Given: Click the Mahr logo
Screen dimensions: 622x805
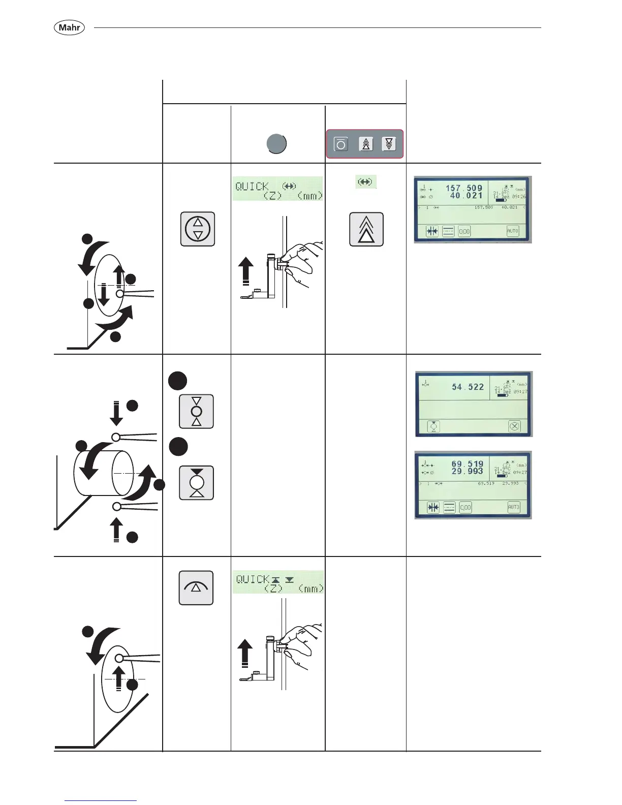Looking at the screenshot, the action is (x=69, y=27).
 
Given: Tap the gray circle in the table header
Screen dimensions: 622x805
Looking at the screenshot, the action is (x=276, y=144).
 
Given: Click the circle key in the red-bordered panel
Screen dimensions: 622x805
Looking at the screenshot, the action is (x=341, y=144).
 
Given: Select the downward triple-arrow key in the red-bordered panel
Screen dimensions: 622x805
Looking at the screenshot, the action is (x=389, y=144).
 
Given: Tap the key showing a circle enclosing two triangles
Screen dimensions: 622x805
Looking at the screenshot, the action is (x=198, y=229).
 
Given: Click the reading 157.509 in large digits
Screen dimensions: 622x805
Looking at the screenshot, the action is (x=464, y=188).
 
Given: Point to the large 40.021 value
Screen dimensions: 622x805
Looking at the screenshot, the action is (x=466, y=196).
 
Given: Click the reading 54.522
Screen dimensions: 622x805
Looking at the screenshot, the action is (x=468, y=387).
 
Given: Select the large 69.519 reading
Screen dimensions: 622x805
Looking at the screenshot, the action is (x=467, y=464).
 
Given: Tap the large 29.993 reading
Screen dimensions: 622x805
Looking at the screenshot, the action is (x=467, y=471).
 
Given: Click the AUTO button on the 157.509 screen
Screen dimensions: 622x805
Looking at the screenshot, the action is (x=512, y=231).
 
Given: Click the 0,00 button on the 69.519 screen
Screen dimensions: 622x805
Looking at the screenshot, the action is (x=465, y=507).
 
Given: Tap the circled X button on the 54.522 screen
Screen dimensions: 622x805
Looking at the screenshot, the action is (x=514, y=426).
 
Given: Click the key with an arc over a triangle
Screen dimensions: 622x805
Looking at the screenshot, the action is (x=196, y=588).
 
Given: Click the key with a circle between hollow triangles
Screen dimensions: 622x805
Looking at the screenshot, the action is (x=197, y=411).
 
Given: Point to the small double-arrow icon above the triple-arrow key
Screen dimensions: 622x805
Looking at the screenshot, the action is (x=365, y=181).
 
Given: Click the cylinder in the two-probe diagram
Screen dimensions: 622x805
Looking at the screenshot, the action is (x=104, y=473).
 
